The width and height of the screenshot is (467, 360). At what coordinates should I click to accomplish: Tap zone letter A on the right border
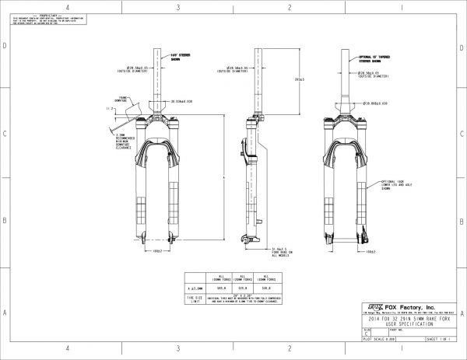[462, 313]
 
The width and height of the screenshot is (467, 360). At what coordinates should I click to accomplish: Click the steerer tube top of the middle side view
[258, 50]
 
